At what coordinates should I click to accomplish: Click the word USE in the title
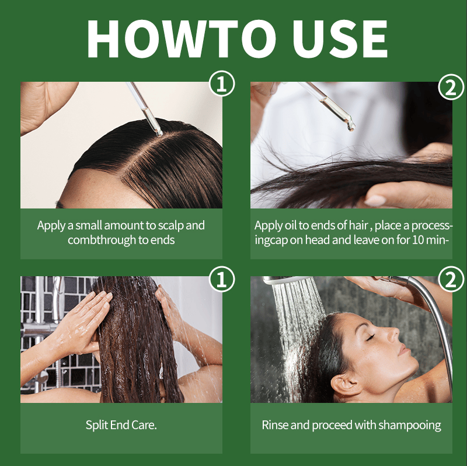point(342,39)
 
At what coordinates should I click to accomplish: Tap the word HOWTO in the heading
point(182,39)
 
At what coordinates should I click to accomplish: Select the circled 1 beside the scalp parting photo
point(222,84)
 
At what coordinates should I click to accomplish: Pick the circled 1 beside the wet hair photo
point(222,279)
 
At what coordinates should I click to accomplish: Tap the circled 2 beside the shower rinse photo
point(451,279)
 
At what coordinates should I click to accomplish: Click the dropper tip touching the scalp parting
point(159,134)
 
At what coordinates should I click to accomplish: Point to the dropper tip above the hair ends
point(351,127)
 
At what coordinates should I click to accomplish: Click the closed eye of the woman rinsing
point(370,338)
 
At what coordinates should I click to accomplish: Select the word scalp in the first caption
point(170,225)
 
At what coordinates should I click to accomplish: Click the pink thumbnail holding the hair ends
point(375,200)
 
